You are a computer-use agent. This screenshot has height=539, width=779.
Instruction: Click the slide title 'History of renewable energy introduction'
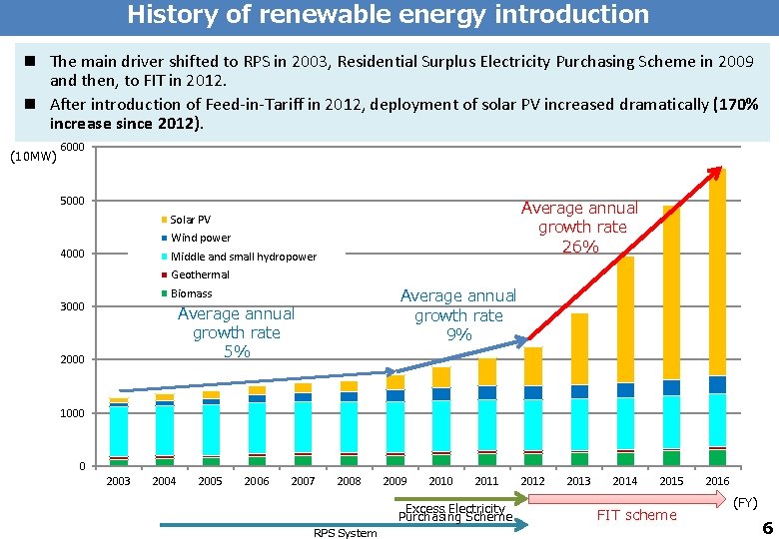tap(388, 15)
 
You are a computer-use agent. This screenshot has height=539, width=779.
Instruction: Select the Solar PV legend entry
tap(190, 220)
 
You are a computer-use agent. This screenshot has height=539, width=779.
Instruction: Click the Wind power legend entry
tap(200, 238)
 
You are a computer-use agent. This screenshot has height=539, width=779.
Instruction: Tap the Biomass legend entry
tap(191, 293)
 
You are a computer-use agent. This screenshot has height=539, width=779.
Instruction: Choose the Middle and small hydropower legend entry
tap(243, 257)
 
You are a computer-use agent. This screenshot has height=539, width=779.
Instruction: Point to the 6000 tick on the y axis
tap(73, 148)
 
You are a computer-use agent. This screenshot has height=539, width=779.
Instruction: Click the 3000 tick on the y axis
tap(73, 306)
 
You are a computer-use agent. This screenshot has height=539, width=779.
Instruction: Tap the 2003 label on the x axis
tap(118, 481)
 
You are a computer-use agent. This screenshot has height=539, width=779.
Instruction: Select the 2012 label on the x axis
tap(532, 481)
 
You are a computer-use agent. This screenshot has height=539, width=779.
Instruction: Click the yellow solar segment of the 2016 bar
tap(717, 269)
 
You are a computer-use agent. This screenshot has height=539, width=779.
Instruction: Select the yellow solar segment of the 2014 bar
tap(625, 319)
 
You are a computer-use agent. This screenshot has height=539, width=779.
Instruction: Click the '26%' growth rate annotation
tap(579, 247)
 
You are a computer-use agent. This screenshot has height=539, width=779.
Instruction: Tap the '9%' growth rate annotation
tap(458, 335)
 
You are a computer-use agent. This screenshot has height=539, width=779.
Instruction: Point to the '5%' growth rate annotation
tap(237, 352)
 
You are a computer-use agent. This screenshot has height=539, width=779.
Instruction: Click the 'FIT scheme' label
tap(636, 515)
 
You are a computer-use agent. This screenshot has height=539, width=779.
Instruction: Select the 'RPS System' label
tap(346, 533)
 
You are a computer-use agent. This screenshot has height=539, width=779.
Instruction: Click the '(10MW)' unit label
tap(31, 156)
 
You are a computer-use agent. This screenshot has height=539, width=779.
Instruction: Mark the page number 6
tap(767, 527)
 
